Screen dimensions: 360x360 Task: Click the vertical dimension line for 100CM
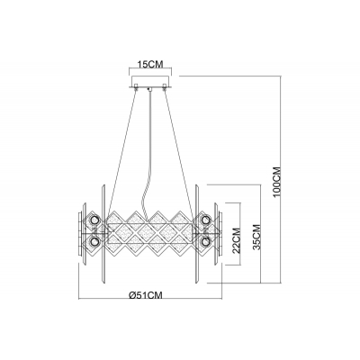point(284,135)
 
